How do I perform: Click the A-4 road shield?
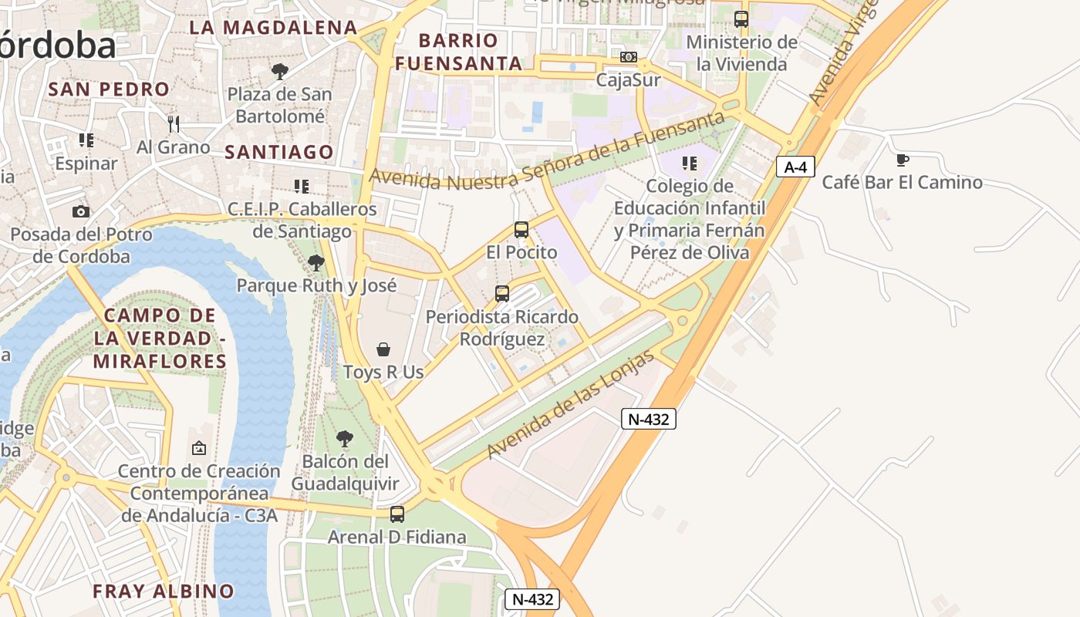795,167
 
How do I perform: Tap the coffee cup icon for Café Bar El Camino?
901,160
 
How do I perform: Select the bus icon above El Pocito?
521,229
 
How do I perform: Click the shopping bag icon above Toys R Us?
383,349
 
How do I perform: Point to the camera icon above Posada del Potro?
81,211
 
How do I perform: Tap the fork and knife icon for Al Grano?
173,123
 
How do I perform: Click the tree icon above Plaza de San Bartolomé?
279,72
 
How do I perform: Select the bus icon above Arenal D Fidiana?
397,514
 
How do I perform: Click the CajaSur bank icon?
628,57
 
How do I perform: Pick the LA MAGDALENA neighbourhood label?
274,28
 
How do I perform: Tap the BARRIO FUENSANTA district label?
459,52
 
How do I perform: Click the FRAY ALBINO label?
164,592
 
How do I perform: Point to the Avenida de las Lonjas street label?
570,404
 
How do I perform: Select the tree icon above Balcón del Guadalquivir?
345,439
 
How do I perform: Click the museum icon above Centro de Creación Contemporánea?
199,447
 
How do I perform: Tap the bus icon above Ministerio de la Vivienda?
741,19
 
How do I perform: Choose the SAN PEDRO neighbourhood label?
109,89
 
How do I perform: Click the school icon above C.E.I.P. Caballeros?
302,186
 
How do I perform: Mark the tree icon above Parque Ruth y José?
316,263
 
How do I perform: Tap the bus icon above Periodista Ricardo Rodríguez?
502,293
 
